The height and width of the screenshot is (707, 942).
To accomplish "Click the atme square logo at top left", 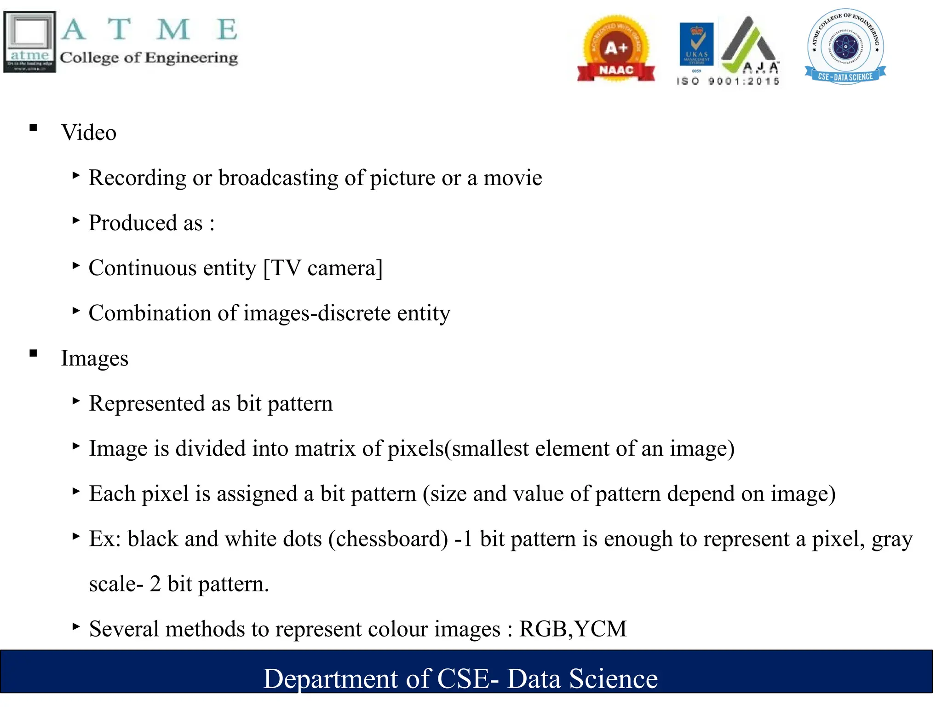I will point(29,41).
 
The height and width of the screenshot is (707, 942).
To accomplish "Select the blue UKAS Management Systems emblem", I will point(696,45).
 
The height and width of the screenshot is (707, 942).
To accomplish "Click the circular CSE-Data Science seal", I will point(845,46).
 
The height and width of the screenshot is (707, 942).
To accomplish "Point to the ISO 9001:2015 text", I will point(728,81).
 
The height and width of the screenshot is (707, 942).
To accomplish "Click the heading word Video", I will point(89,133).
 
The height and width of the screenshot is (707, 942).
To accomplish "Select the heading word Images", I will point(95,358).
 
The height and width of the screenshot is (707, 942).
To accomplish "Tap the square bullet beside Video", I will point(33,128).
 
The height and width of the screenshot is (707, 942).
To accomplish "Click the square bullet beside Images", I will point(33,353).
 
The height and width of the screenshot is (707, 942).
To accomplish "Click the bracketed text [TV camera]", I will point(322,268).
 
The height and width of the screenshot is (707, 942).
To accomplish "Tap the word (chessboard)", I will point(388,539).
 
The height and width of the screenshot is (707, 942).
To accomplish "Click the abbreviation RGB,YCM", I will point(573,629).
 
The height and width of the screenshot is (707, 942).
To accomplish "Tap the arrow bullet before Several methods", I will point(76,626).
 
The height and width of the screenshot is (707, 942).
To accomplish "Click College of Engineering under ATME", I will point(149,58).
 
